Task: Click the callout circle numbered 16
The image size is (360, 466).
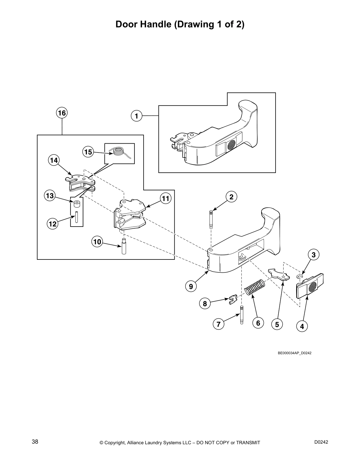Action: click(62, 113)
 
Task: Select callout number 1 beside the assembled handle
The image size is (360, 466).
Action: click(136, 116)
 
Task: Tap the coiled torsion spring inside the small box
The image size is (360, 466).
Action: click(118, 152)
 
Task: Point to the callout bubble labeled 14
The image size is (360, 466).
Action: click(54, 160)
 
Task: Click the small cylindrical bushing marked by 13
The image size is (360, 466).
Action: click(77, 204)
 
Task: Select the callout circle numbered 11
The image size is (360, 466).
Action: click(166, 199)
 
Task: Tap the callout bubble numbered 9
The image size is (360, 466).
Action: click(191, 286)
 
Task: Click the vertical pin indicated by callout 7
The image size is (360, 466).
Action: click(241, 315)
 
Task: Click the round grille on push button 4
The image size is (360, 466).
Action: click(313, 285)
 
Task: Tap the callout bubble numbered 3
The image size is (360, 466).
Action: click(314, 255)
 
